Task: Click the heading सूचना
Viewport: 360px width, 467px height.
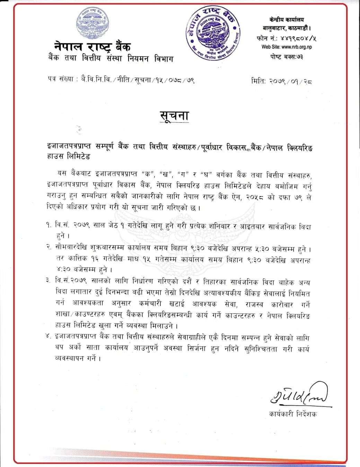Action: (x=175, y=116)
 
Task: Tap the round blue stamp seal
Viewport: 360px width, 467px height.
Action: (x=212, y=35)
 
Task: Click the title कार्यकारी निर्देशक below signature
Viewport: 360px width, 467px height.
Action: (x=292, y=414)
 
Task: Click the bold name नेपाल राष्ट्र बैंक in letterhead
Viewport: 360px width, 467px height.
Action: (x=93, y=46)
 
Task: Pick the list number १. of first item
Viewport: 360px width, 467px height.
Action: (x=48, y=226)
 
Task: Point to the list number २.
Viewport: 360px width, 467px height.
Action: (x=48, y=248)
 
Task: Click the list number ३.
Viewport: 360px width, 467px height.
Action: (x=48, y=282)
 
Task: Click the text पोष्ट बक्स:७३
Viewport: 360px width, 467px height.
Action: (x=287, y=56)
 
